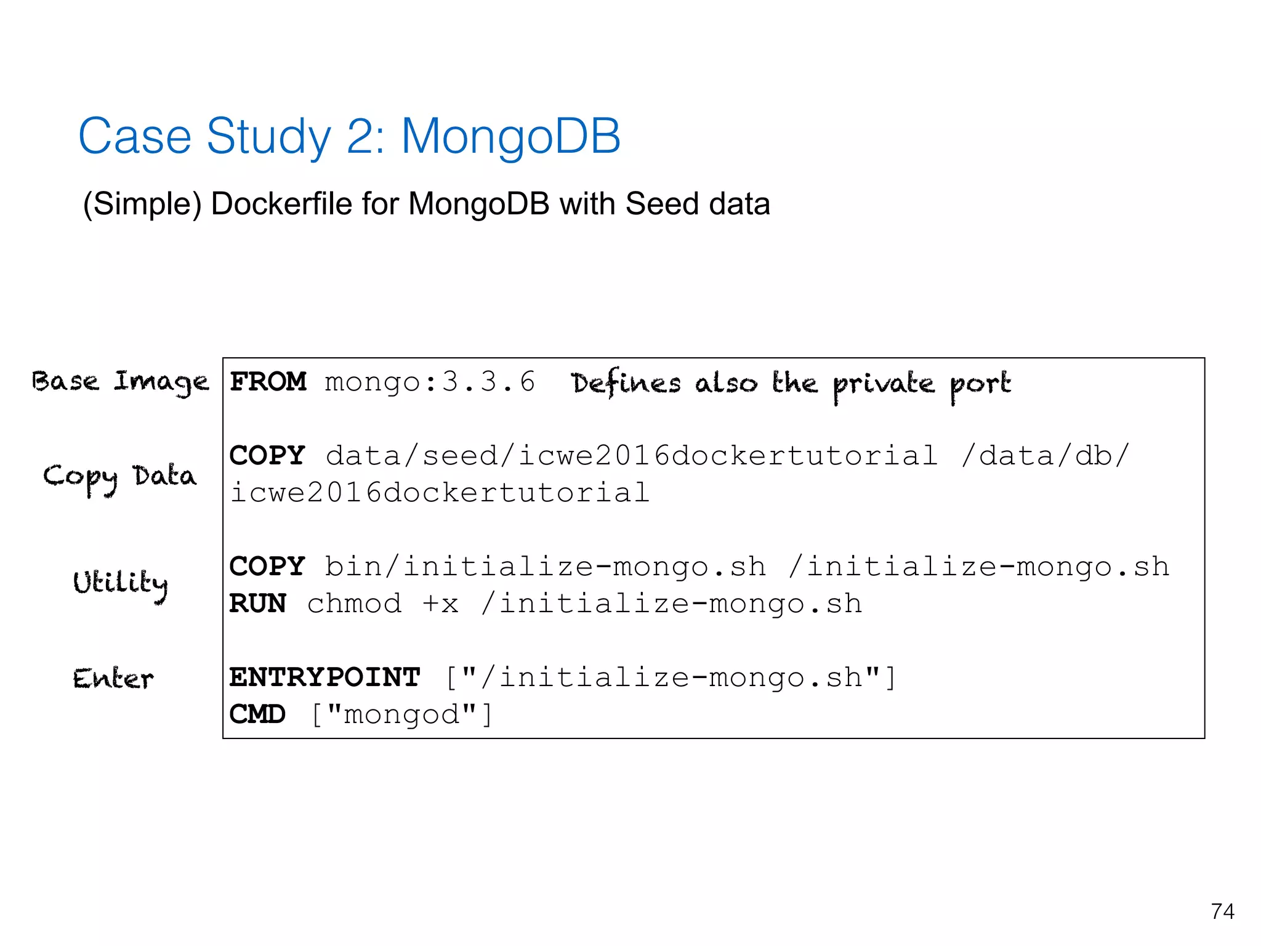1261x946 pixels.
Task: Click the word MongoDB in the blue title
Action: (x=510, y=136)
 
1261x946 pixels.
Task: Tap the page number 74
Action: (x=1222, y=912)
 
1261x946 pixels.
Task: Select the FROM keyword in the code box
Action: (x=268, y=382)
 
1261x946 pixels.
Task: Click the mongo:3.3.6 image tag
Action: (x=430, y=382)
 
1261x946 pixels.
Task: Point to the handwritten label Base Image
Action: (x=120, y=382)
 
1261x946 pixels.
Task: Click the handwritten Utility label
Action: (x=120, y=583)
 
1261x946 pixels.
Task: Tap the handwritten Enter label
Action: (x=113, y=679)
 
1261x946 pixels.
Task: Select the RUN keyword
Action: (x=257, y=604)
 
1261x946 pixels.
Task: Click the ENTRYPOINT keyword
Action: (x=324, y=677)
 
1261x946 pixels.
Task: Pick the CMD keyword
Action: (x=257, y=714)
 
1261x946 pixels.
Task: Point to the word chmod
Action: (x=355, y=604)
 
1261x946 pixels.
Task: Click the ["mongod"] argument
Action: (x=401, y=714)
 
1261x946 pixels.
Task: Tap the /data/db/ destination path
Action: (x=1045, y=456)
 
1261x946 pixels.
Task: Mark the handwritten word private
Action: (x=884, y=385)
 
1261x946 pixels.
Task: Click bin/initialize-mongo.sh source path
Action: (x=546, y=567)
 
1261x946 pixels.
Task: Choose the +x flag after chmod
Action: (x=441, y=604)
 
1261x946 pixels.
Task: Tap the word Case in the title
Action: (x=135, y=136)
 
